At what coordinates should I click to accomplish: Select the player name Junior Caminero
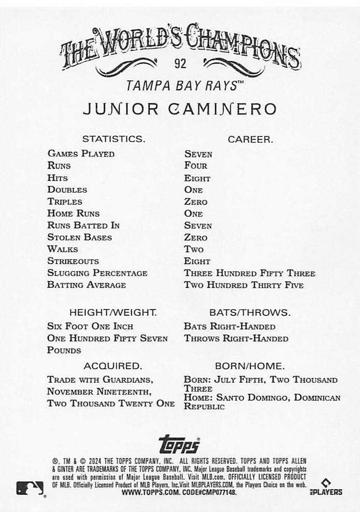(180, 109)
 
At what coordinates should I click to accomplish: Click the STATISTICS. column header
(113, 139)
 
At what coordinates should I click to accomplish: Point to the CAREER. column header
(250, 139)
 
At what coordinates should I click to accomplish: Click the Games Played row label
(81, 154)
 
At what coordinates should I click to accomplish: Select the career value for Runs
(195, 166)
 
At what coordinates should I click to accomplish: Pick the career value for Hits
(197, 178)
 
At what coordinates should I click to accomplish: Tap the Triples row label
(65, 202)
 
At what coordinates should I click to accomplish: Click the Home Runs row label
(73, 213)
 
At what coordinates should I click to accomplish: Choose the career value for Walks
(194, 249)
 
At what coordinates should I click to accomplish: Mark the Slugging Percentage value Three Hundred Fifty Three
(249, 273)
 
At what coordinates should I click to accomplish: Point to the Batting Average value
(244, 285)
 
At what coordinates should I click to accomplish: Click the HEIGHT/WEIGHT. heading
(113, 312)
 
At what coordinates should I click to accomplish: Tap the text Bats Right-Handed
(229, 326)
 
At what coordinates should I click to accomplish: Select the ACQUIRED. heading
(112, 366)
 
